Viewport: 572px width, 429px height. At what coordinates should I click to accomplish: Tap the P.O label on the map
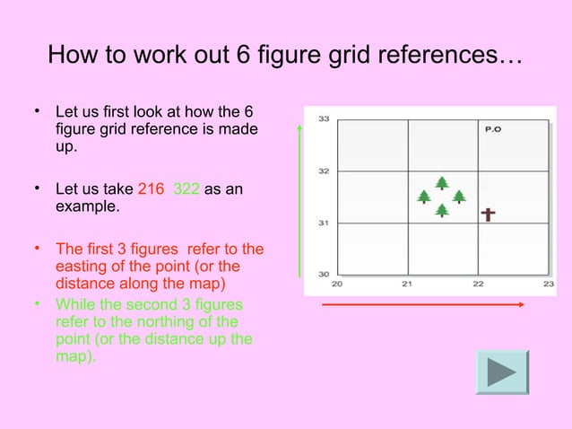[492, 129]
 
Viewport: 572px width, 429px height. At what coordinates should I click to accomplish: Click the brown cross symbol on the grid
[488, 215]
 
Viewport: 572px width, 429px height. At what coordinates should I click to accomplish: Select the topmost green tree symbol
[442, 183]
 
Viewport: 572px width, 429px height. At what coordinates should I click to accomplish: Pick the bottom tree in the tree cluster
[442, 210]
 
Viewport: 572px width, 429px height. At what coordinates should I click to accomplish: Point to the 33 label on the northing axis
[323, 118]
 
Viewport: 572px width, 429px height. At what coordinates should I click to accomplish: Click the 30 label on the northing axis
[323, 274]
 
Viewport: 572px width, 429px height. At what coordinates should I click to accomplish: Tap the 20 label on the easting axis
[337, 285]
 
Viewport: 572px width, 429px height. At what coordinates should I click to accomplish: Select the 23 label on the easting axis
[549, 285]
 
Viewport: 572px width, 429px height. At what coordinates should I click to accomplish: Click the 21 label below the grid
[407, 285]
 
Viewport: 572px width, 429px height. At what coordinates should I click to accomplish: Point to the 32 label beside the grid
[323, 171]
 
